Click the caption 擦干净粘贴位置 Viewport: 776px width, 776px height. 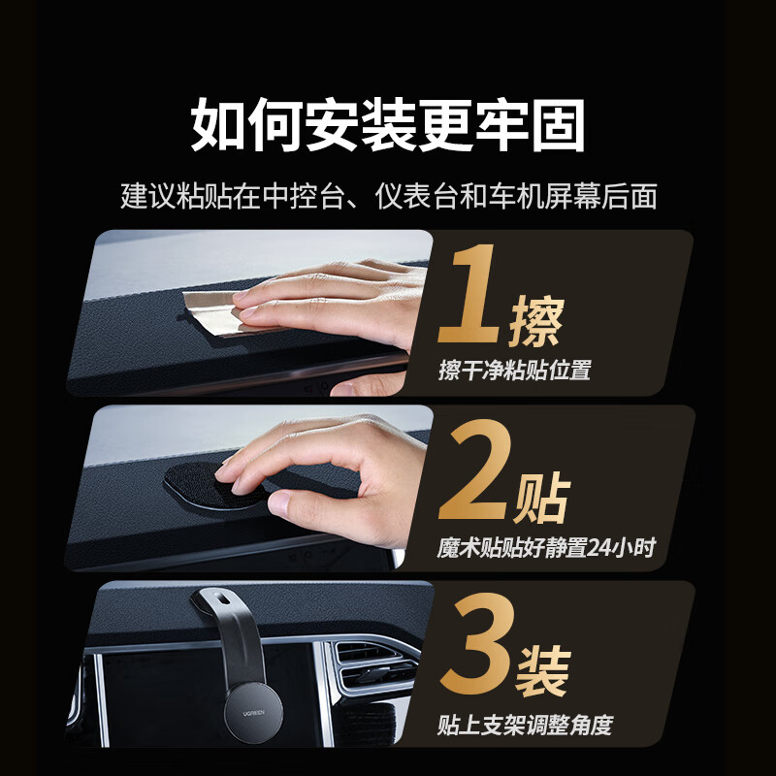(x=514, y=370)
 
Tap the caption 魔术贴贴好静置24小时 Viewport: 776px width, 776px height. (x=546, y=548)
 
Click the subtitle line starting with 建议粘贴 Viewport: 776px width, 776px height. (x=388, y=197)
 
